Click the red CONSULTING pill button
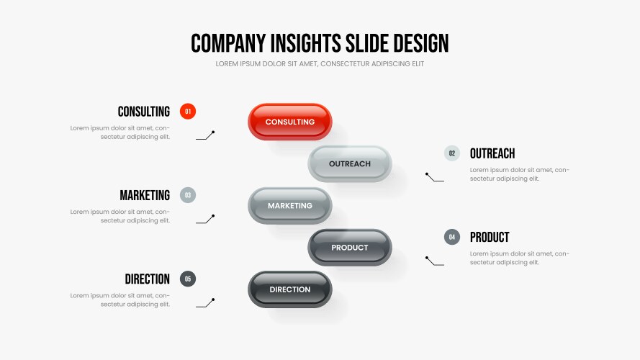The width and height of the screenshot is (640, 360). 290,122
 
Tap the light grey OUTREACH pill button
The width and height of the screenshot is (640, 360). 350,163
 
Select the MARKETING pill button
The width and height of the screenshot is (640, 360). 290,206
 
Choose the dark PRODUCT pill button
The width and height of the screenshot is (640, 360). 350,248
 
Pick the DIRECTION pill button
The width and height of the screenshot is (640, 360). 290,289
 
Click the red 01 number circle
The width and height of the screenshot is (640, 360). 188,112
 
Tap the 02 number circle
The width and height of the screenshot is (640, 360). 452,153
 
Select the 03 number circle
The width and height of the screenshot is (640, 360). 188,195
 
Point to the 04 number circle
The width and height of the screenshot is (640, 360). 452,237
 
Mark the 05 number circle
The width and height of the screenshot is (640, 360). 188,279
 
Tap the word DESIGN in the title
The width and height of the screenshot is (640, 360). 421,43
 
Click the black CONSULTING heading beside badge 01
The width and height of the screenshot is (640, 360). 144,112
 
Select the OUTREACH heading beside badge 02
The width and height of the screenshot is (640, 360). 492,153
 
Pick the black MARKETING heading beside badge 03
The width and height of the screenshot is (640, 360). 145,195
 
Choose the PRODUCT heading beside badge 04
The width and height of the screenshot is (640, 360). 490,237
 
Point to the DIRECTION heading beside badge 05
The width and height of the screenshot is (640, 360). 148,279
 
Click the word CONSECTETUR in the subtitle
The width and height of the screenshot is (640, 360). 346,63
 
